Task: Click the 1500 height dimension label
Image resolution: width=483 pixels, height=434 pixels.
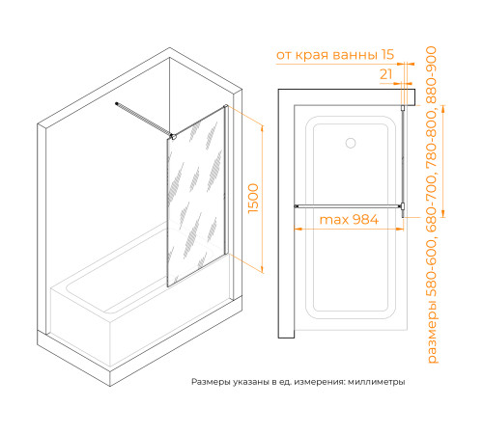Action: pyautogui.click(x=253, y=199)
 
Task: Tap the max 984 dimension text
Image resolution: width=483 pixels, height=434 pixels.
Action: pyautogui.click(x=349, y=220)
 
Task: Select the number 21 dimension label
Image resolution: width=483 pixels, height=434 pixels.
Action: pyautogui.click(x=386, y=74)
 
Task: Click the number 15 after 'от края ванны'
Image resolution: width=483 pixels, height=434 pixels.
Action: pyautogui.click(x=387, y=55)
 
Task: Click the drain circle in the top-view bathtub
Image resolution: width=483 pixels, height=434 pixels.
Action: pyautogui.click(x=351, y=143)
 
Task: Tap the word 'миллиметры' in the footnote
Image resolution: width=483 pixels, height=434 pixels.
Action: pyautogui.click(x=376, y=382)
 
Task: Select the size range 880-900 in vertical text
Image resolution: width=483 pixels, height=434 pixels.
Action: pyautogui.click(x=431, y=75)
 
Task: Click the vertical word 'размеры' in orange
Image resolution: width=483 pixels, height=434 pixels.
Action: pyautogui.click(x=432, y=332)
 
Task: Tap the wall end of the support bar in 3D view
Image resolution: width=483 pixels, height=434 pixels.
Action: pyautogui.click(x=117, y=103)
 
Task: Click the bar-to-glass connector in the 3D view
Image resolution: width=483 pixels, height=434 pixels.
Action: pyautogui.click(x=173, y=137)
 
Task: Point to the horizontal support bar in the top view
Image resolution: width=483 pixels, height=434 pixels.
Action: pyautogui.click(x=348, y=206)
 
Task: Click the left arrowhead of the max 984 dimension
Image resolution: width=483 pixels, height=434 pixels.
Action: pyautogui.click(x=298, y=229)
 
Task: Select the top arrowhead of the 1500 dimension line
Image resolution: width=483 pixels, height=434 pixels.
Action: pyautogui.click(x=263, y=129)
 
